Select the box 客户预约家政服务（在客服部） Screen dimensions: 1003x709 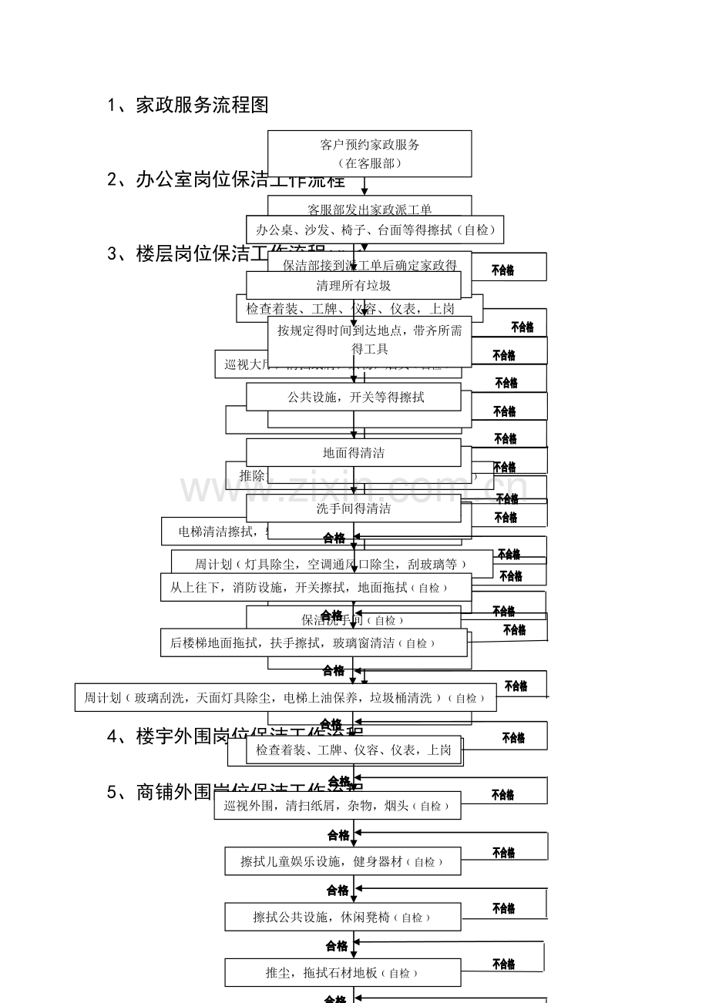[369, 153]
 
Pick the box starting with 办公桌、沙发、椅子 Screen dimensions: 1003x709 [375, 230]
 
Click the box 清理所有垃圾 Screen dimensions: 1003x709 [354, 285]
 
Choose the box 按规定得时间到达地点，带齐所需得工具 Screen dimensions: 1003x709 [369, 340]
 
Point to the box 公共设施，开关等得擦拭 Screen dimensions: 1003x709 [354, 398]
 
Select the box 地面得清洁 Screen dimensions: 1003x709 [354, 453]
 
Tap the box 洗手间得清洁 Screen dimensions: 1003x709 [354, 508]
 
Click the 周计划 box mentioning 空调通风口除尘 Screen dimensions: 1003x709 [331, 565]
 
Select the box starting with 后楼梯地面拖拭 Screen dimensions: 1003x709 [314, 642]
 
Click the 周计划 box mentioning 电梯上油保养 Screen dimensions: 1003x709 [285, 698]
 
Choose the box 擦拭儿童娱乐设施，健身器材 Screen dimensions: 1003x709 [343, 861]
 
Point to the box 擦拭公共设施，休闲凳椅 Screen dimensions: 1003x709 [343, 917]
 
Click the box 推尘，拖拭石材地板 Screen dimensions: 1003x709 [343, 973]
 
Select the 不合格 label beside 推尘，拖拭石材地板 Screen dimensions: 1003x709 [504, 964]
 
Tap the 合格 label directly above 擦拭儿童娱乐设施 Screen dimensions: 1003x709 [338, 835]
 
